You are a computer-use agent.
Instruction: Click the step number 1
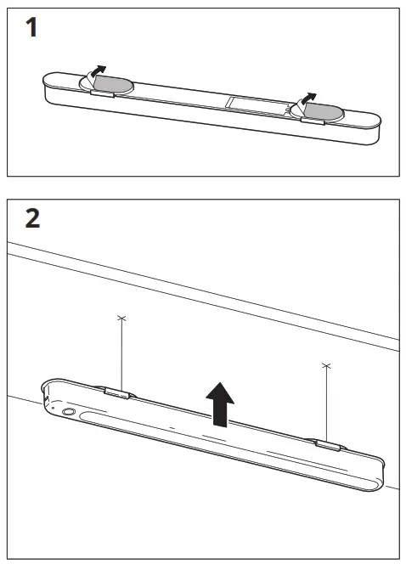coord(30,30)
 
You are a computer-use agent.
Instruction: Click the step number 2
coord(32,218)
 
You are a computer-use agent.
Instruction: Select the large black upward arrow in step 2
coord(220,403)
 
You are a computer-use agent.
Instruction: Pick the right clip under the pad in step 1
coord(312,121)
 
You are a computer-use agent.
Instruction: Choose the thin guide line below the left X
coord(121,352)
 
